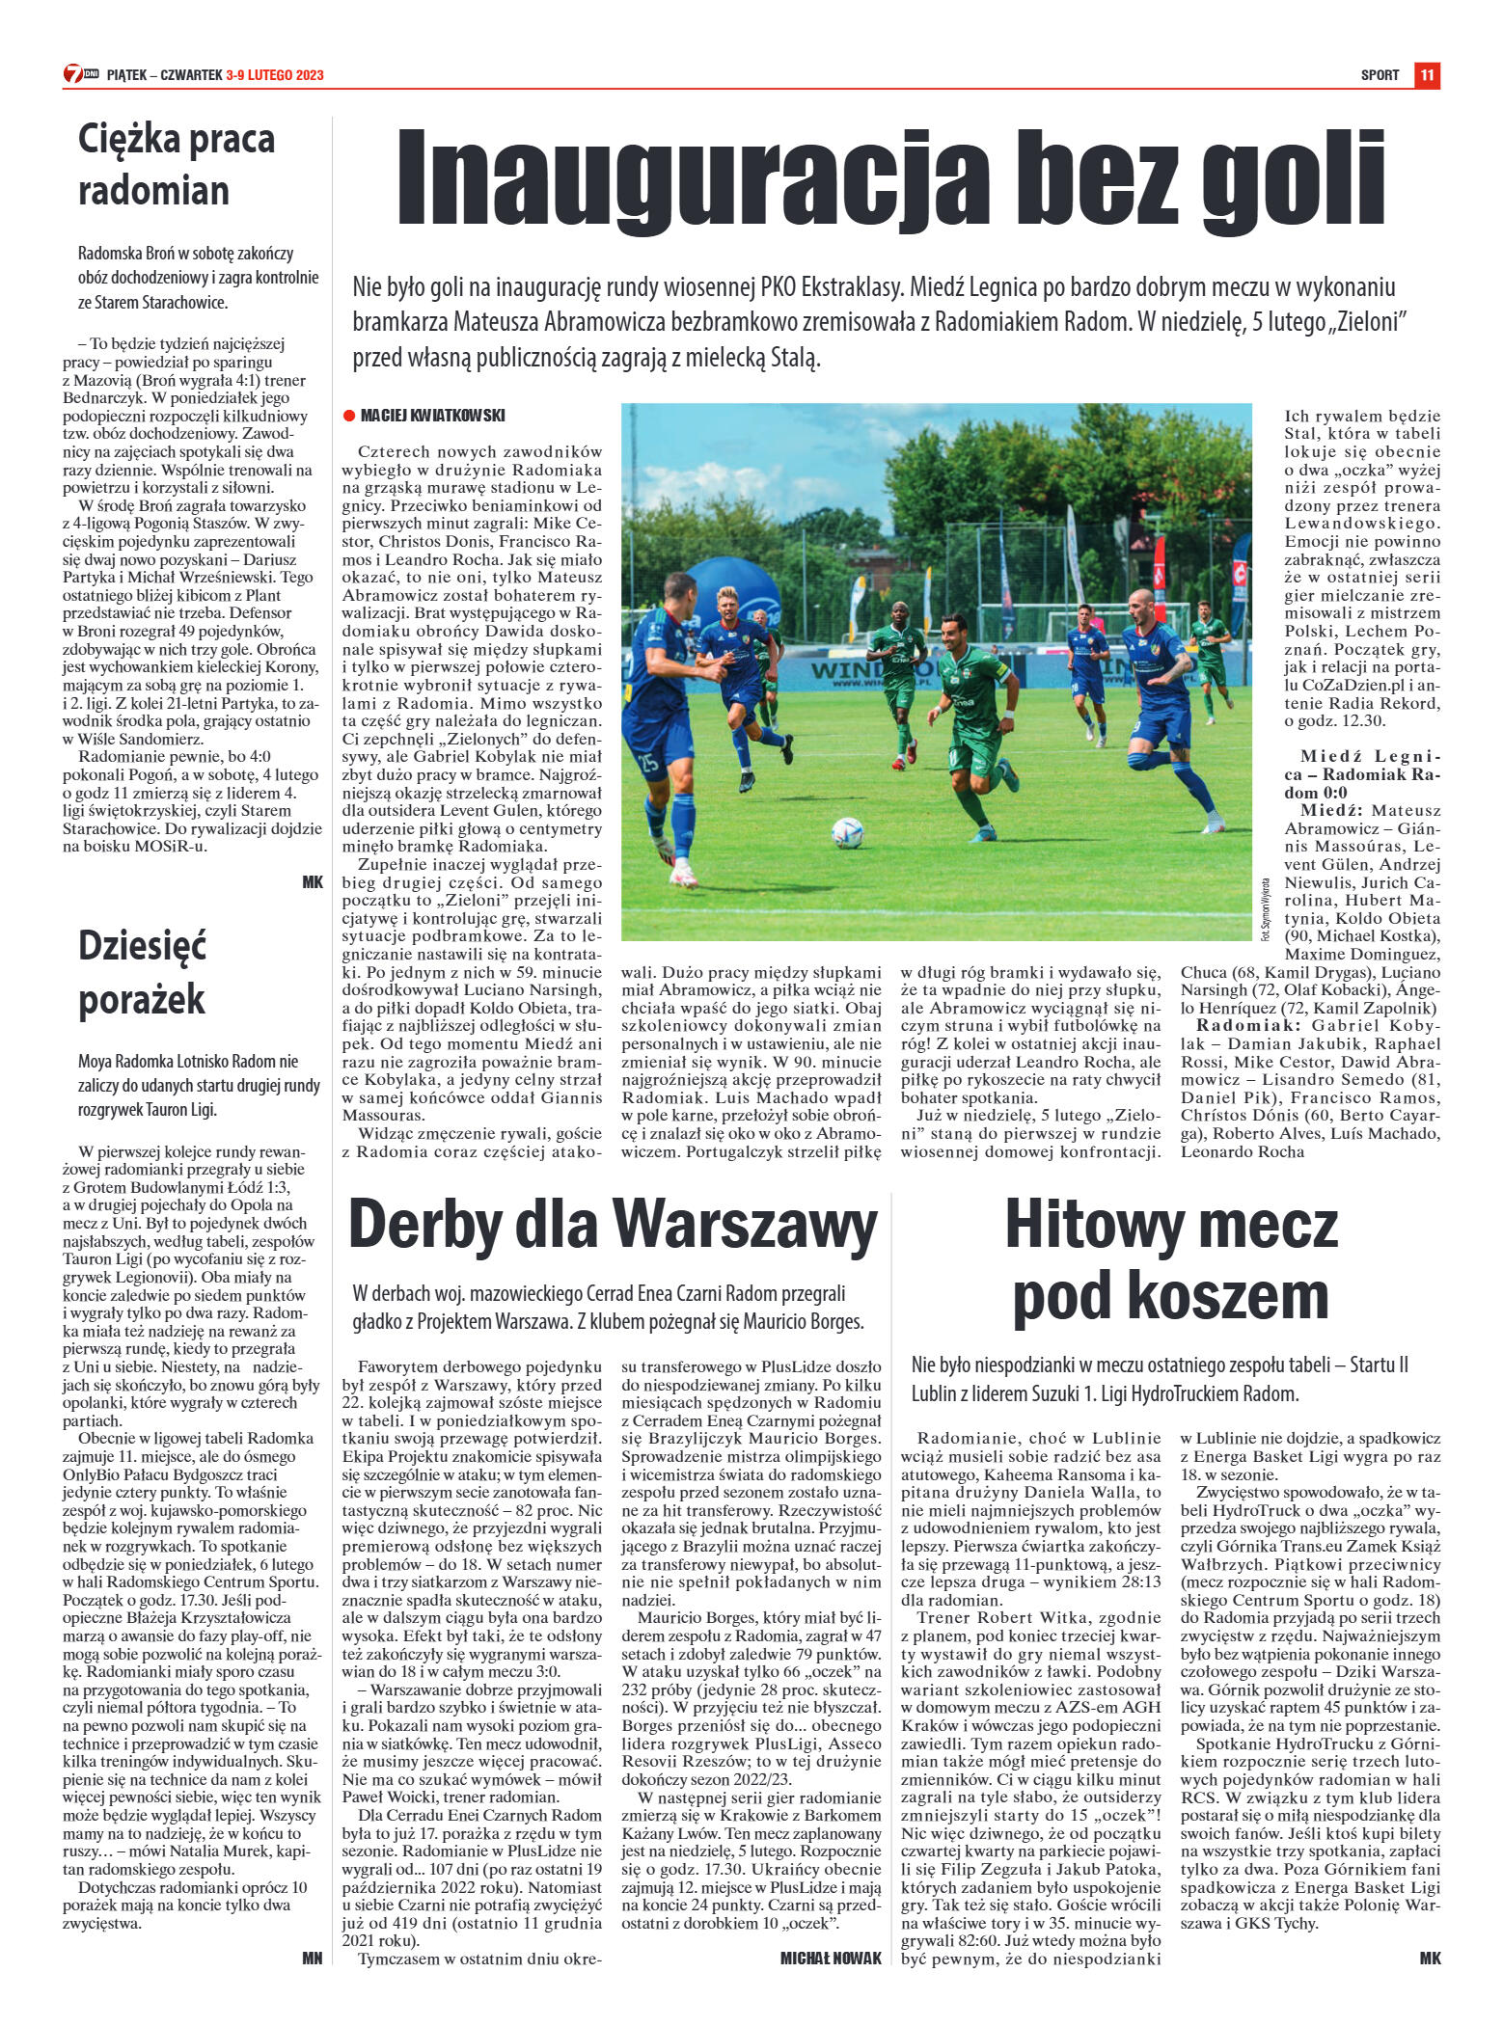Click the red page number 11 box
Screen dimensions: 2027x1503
pyautogui.click(x=1427, y=75)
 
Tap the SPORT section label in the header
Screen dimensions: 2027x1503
pyautogui.click(x=1380, y=75)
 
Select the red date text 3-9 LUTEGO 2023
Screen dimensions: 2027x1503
pyautogui.click(x=275, y=75)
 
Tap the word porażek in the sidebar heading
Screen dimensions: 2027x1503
pyautogui.click(x=142, y=998)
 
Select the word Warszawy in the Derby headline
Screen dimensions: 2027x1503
pyautogui.click(x=745, y=1226)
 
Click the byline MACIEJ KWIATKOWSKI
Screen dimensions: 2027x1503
pyautogui.click(x=432, y=416)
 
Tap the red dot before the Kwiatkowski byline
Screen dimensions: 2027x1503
pyautogui.click(x=349, y=416)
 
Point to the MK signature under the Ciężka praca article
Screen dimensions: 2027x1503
pyautogui.click(x=312, y=882)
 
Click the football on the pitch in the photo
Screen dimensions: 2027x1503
pyautogui.click(x=846, y=832)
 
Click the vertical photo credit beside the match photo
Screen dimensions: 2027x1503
pyautogui.click(x=1265, y=909)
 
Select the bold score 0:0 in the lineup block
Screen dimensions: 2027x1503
pyautogui.click(x=1327, y=793)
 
